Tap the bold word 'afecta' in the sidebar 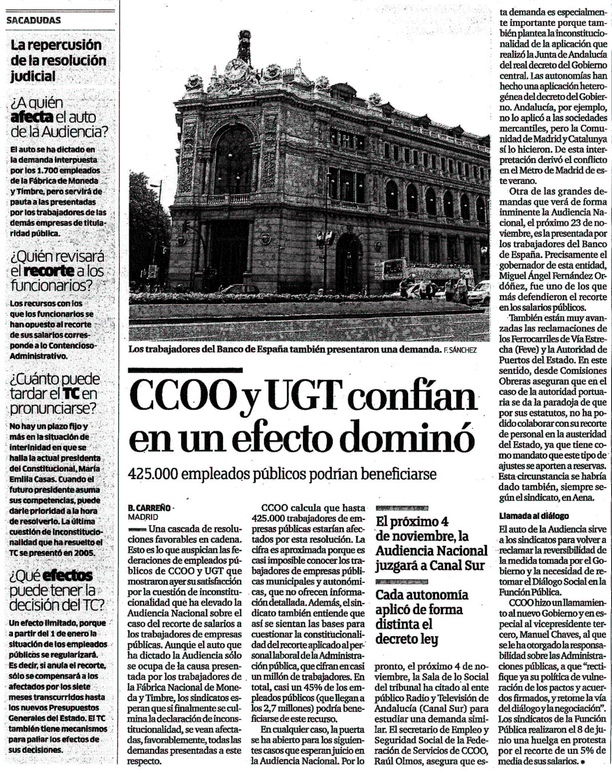click(x=32, y=118)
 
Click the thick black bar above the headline click(x=185, y=370)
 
